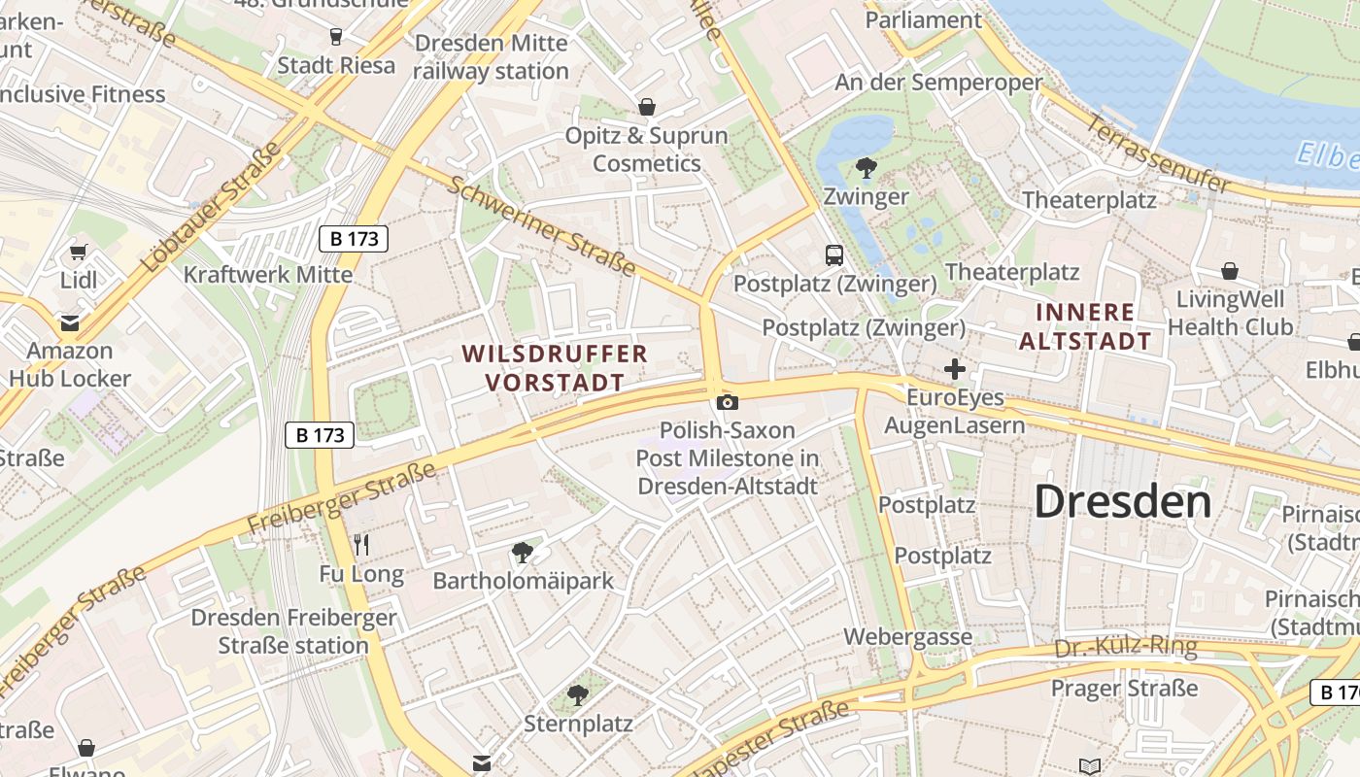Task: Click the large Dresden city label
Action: [1122, 501]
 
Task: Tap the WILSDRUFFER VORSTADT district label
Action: [555, 367]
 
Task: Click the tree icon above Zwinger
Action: [866, 168]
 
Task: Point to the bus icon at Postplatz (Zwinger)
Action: [834, 255]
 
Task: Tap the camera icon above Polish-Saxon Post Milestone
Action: [727, 402]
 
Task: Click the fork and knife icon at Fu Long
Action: [361, 544]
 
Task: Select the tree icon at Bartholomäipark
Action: [523, 553]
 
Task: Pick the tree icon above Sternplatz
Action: [578, 694]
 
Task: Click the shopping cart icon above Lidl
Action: [79, 252]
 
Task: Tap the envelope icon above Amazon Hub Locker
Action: [70, 322]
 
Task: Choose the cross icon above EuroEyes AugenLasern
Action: [955, 369]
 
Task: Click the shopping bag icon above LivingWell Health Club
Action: [1230, 271]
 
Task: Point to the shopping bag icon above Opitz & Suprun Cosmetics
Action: [646, 107]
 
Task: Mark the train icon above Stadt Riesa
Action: [336, 37]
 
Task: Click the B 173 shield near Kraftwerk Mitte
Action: [354, 239]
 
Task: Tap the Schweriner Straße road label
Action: [541, 225]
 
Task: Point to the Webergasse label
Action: [907, 637]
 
